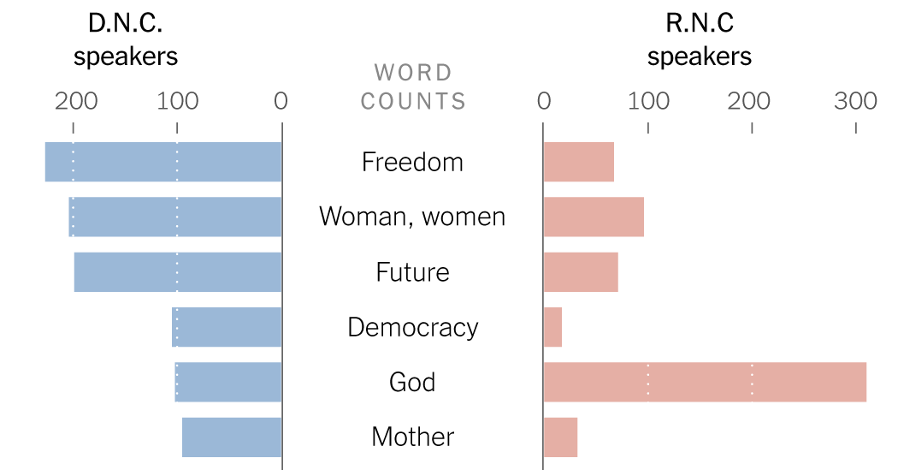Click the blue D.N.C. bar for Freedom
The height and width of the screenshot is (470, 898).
pos(163,162)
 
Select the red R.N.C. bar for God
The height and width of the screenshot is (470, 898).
pos(705,382)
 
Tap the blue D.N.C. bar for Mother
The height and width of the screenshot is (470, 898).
pos(232,437)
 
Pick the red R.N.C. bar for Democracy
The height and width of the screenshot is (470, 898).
pos(552,327)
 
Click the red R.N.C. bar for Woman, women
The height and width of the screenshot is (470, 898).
pos(594,217)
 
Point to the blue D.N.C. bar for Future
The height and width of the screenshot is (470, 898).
pos(178,272)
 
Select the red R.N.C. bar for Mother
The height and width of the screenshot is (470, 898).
pos(560,437)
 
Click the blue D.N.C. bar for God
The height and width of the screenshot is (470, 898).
pos(228,382)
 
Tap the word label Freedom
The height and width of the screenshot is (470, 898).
pos(412,162)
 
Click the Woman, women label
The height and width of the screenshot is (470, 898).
pos(412,217)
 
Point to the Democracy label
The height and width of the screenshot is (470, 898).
pos(412,327)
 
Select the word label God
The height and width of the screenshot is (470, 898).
pos(412,382)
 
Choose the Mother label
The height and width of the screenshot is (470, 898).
pos(412,437)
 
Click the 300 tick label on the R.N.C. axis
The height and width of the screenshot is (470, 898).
pos(855,101)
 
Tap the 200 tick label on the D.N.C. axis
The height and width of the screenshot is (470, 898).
pos(75,101)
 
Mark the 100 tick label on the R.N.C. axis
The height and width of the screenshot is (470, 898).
pos(647,101)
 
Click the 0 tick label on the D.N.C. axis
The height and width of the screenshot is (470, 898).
pos(281,101)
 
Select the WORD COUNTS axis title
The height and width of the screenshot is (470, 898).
pos(413,86)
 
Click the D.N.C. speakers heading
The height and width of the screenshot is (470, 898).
pos(126,40)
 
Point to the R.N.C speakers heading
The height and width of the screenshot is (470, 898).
pos(699,40)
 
